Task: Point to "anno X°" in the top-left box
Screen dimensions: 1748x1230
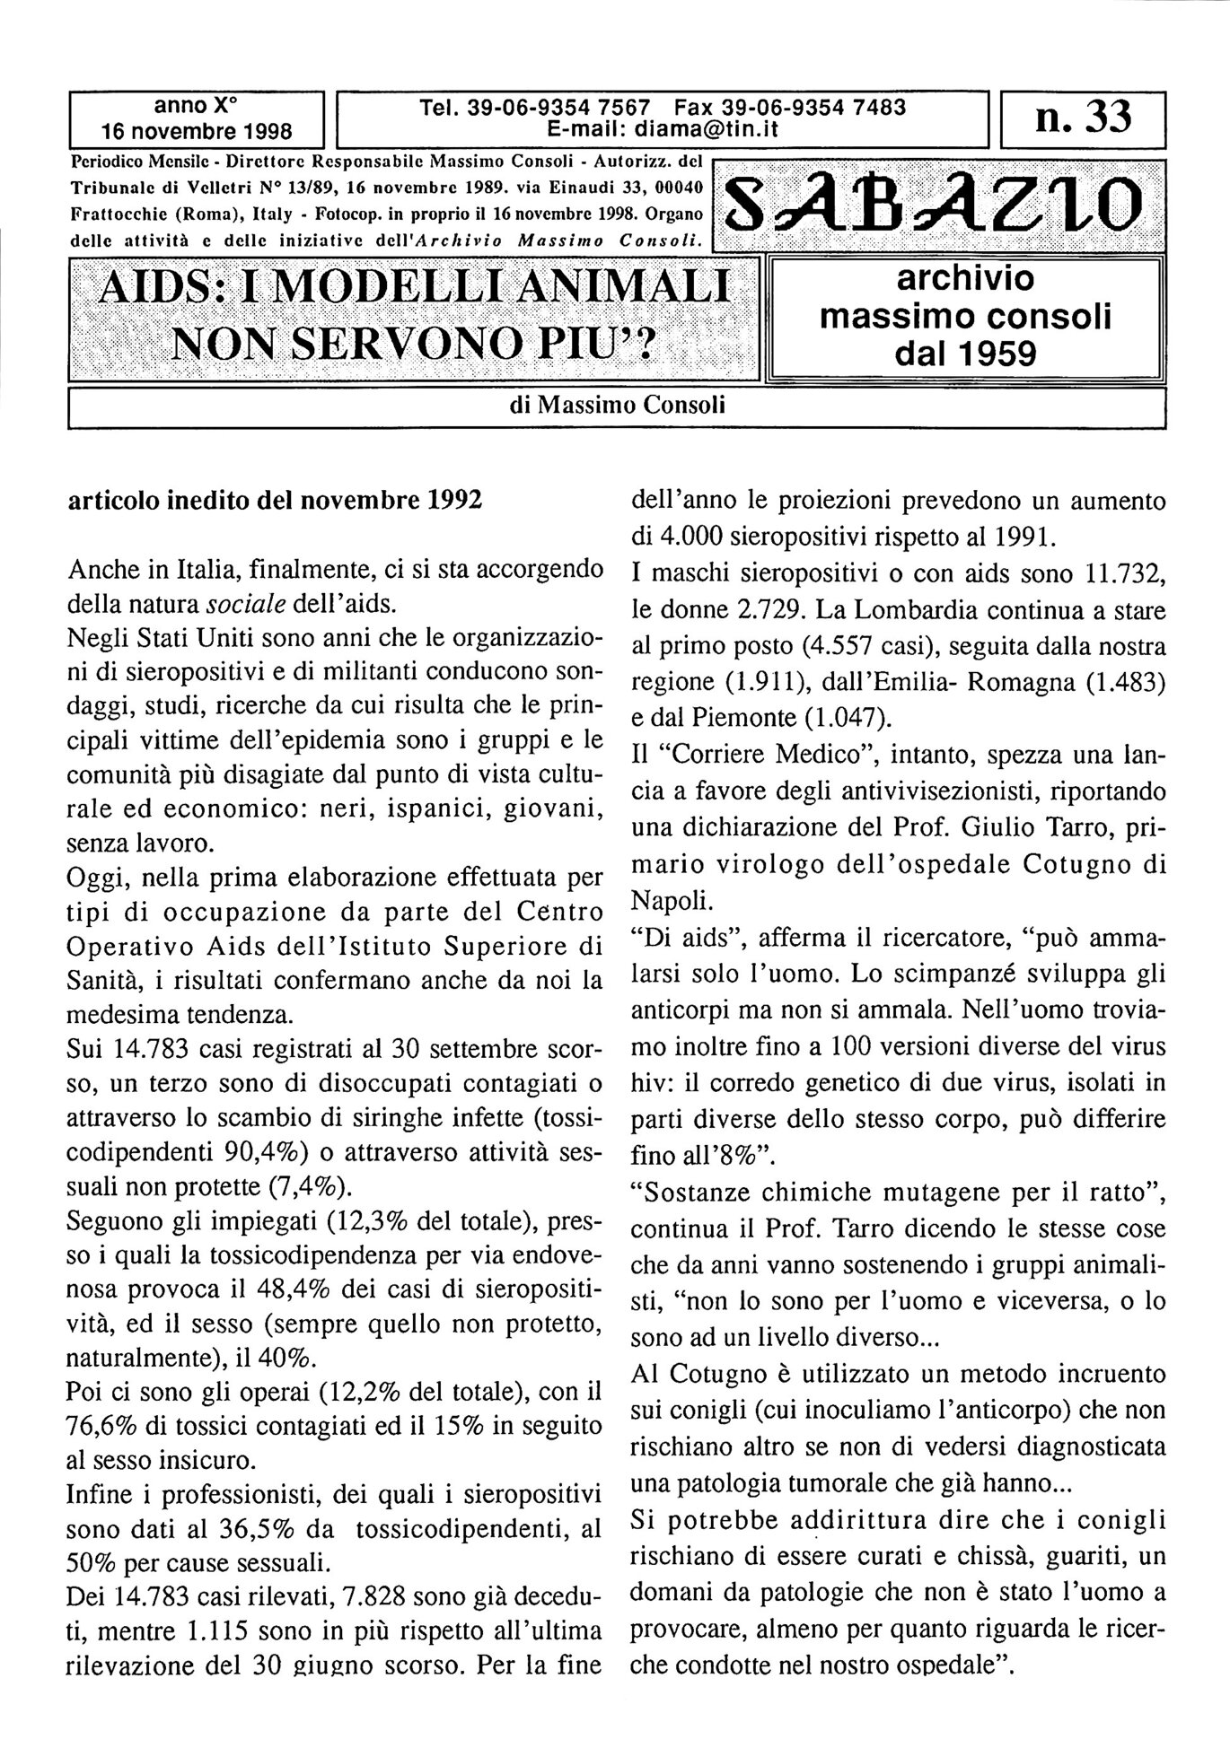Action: pyautogui.click(x=196, y=105)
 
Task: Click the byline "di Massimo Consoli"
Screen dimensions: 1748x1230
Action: pyautogui.click(x=617, y=406)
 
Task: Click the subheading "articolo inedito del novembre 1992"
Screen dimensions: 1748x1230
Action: pyautogui.click(x=275, y=500)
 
